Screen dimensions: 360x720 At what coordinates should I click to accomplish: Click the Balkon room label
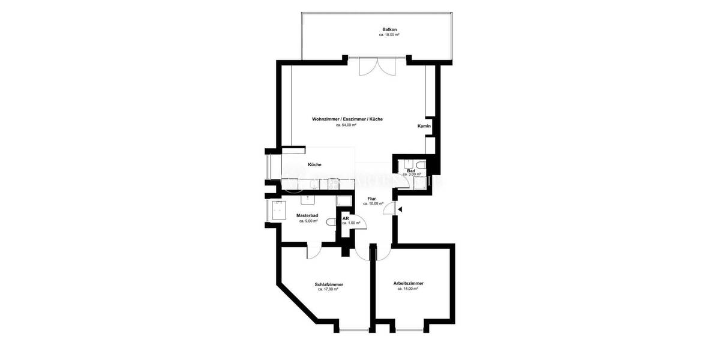click(x=389, y=29)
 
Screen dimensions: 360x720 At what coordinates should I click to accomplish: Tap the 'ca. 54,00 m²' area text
click(x=346, y=125)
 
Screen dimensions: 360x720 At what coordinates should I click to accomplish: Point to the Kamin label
click(x=424, y=127)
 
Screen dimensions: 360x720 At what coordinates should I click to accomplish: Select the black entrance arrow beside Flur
click(x=400, y=209)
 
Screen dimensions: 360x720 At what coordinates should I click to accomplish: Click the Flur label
click(x=372, y=198)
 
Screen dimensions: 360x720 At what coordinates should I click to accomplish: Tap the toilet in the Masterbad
click(x=331, y=222)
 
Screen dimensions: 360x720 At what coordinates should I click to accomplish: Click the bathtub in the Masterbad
click(x=279, y=211)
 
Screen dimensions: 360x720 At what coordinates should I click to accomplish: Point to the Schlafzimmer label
click(x=328, y=284)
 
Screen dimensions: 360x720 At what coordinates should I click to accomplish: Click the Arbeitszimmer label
click(x=408, y=283)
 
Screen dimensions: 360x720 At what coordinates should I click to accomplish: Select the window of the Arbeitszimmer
click(x=410, y=329)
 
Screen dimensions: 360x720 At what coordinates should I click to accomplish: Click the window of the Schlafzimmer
click(x=353, y=329)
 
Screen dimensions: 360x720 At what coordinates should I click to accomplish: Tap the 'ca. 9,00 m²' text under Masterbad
click(x=307, y=221)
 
